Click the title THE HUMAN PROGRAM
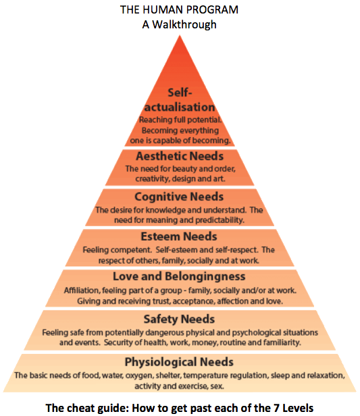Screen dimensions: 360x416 [180, 9]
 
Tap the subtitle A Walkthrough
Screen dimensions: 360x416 [180, 24]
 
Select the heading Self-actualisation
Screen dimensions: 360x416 [180, 100]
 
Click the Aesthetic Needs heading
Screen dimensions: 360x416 [180, 156]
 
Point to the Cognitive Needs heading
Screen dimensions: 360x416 [179, 197]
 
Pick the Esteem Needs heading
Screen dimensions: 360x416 [179, 236]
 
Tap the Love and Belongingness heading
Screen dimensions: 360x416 [179, 276]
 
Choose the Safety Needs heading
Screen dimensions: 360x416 [179, 319]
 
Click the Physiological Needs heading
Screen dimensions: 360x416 [179, 362]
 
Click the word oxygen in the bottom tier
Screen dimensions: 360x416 [139, 376]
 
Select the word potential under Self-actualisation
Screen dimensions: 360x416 [205, 120]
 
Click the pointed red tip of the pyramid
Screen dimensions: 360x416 [180, 36]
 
